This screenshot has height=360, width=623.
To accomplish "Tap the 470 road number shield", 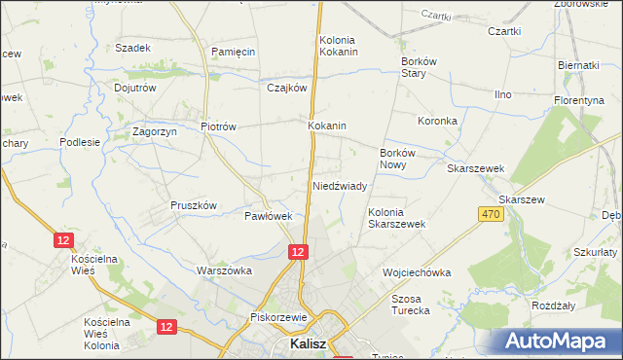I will [491, 214].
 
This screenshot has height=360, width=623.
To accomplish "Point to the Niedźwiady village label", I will [339, 185].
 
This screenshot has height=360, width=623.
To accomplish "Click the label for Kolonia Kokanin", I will [339, 46].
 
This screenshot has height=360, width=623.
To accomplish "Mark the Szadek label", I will [132, 48].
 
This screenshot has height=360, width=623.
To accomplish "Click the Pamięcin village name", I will [233, 50].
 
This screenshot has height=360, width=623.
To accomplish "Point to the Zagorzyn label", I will [154, 132].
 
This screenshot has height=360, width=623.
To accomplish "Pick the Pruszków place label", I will [193, 205].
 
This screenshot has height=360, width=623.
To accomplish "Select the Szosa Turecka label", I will [410, 305].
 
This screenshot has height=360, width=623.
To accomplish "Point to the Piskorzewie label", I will [278, 317].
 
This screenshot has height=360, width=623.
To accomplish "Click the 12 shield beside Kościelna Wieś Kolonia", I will [166, 328].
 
